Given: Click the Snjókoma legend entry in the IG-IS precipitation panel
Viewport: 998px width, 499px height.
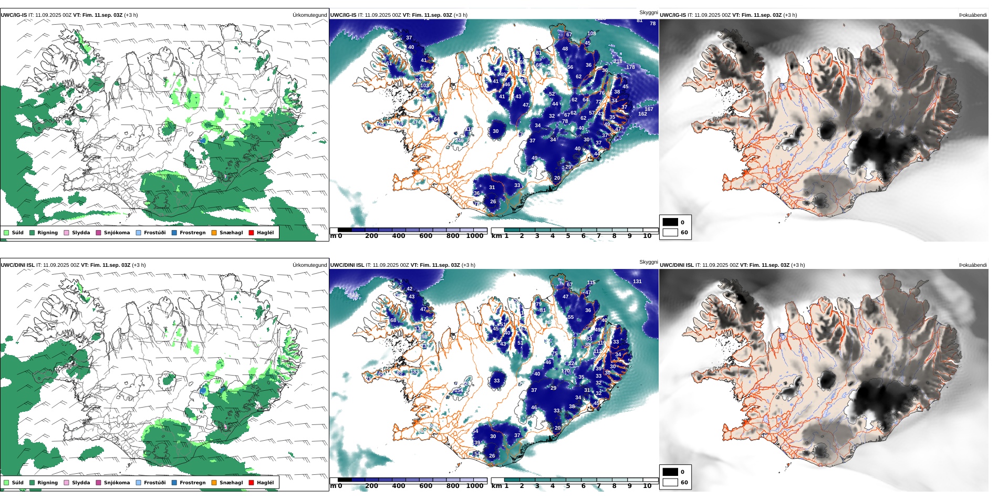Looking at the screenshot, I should (x=117, y=233).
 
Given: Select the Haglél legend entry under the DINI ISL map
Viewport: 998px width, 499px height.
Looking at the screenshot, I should (x=265, y=483).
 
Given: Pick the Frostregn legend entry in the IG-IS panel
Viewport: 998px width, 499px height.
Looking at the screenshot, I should (x=192, y=233).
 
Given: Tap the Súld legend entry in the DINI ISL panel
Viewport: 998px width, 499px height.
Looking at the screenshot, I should (x=17, y=483).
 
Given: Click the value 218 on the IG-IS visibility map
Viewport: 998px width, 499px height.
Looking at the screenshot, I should (x=618, y=61).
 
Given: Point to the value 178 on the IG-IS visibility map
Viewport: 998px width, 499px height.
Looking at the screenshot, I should (x=630, y=67).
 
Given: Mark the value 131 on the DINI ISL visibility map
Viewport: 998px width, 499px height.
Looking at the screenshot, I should (x=637, y=282).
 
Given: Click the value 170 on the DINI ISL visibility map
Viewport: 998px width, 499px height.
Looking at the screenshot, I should (x=565, y=371).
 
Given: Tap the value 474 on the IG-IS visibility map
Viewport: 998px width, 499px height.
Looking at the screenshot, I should (x=416, y=122).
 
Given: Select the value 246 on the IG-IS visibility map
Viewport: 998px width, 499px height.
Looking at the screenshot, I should (x=460, y=141).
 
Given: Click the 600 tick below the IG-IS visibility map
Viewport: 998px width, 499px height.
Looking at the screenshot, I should (x=426, y=236).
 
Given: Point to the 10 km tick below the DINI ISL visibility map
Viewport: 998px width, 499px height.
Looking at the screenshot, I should (x=647, y=486).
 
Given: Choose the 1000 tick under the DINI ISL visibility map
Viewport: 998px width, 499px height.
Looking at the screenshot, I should (x=475, y=486).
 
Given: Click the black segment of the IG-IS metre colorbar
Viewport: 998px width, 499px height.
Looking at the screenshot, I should (x=345, y=230).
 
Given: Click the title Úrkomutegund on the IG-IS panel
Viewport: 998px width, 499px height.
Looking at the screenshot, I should (x=309, y=15).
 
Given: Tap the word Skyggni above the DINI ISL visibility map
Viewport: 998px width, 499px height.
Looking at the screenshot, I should (x=648, y=262).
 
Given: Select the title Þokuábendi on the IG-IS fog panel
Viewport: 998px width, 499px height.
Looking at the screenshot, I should (x=973, y=15).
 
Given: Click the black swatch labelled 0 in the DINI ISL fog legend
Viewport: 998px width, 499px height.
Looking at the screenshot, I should (x=670, y=472).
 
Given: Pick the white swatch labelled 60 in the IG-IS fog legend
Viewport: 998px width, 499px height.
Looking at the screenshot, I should (x=670, y=232).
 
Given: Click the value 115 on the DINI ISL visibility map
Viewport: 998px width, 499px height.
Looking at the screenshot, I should (x=591, y=283).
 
